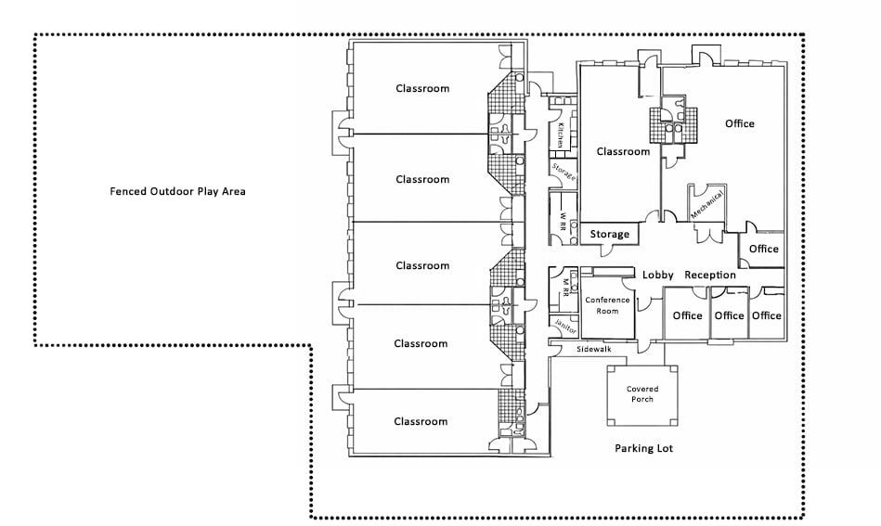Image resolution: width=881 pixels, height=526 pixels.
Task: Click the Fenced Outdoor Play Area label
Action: tap(177, 191)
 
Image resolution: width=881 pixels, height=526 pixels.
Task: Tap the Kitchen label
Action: tap(560, 135)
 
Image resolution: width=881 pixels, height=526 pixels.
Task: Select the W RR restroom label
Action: tap(562, 221)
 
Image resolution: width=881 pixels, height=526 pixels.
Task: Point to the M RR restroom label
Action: tap(565, 288)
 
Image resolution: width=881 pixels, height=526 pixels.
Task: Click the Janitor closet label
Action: tap(565, 327)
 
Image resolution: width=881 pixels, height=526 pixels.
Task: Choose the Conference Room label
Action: tap(607, 305)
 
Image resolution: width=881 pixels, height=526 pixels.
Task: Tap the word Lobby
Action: tap(658, 276)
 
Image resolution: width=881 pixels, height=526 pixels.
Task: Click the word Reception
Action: tap(710, 276)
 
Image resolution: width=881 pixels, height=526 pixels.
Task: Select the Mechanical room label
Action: tap(706, 204)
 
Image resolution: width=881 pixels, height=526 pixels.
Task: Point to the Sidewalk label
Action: tap(594, 349)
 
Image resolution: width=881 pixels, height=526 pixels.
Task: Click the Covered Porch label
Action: tap(642, 394)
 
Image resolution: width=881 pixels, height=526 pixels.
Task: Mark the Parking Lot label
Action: tap(644, 448)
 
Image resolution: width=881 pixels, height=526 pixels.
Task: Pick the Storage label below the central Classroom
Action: tap(610, 234)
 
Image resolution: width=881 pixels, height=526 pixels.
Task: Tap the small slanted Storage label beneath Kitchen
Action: tap(564, 172)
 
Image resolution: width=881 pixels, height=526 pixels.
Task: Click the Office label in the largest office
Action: tap(739, 123)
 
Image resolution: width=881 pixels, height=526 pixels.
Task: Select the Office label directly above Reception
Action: tap(764, 249)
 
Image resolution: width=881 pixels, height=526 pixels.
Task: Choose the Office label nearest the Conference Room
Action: tap(688, 315)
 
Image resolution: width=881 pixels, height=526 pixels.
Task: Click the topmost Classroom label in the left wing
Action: tap(422, 89)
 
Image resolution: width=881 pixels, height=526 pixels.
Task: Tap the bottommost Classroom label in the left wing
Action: tap(421, 421)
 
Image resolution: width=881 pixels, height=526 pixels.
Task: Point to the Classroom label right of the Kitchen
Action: tap(623, 151)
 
